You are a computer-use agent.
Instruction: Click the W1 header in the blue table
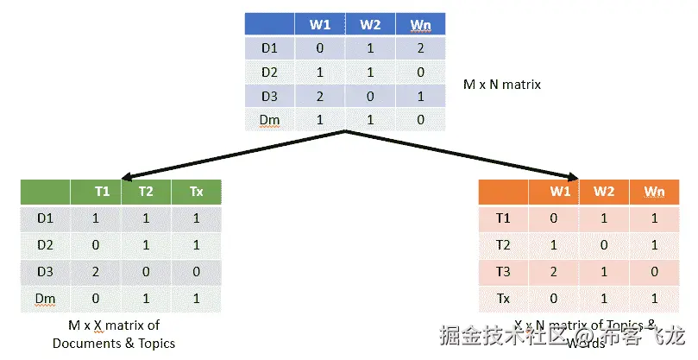319,25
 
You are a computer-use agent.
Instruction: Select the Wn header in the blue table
420,25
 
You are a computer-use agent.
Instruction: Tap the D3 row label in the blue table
270,96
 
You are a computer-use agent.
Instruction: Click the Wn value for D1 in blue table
420,48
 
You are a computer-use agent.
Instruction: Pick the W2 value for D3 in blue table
369,96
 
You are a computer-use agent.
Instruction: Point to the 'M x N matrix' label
502,85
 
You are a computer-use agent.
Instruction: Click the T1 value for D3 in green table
96,271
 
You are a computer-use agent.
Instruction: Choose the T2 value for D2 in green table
146,245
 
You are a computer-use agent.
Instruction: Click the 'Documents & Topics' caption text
114,343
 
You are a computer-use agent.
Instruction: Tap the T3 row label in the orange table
504,271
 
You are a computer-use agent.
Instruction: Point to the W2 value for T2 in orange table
605,245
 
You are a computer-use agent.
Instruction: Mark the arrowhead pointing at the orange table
573,177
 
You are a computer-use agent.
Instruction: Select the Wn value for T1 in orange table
655,219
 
